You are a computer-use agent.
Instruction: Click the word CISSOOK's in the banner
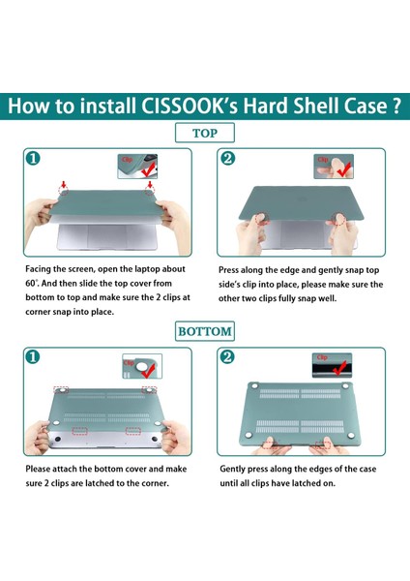[190, 107]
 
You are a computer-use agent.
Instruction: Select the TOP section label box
[205, 133]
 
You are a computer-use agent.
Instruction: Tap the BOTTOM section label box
[205, 331]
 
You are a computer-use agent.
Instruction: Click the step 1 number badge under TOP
[33, 158]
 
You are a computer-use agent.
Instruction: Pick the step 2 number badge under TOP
[227, 158]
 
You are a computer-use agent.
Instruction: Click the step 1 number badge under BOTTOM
[33, 356]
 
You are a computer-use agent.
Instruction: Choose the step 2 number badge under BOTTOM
[227, 356]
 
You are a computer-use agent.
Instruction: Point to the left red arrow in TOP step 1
[63, 185]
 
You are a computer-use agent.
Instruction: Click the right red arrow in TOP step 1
[150, 185]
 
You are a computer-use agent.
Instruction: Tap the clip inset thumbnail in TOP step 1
[137, 167]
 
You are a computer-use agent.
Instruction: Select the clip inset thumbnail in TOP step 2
[334, 167]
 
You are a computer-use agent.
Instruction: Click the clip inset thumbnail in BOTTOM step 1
[142, 366]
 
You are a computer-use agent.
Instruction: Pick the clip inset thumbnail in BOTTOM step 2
[332, 365]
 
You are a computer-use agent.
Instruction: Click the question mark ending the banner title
[395, 107]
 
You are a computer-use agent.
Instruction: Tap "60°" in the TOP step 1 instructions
[32, 284]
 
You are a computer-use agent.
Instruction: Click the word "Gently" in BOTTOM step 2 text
[232, 470]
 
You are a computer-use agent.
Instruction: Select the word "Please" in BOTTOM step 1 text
[38, 469]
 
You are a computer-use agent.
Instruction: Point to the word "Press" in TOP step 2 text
[228, 270]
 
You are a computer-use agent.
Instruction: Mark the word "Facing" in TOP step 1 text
[39, 269]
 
